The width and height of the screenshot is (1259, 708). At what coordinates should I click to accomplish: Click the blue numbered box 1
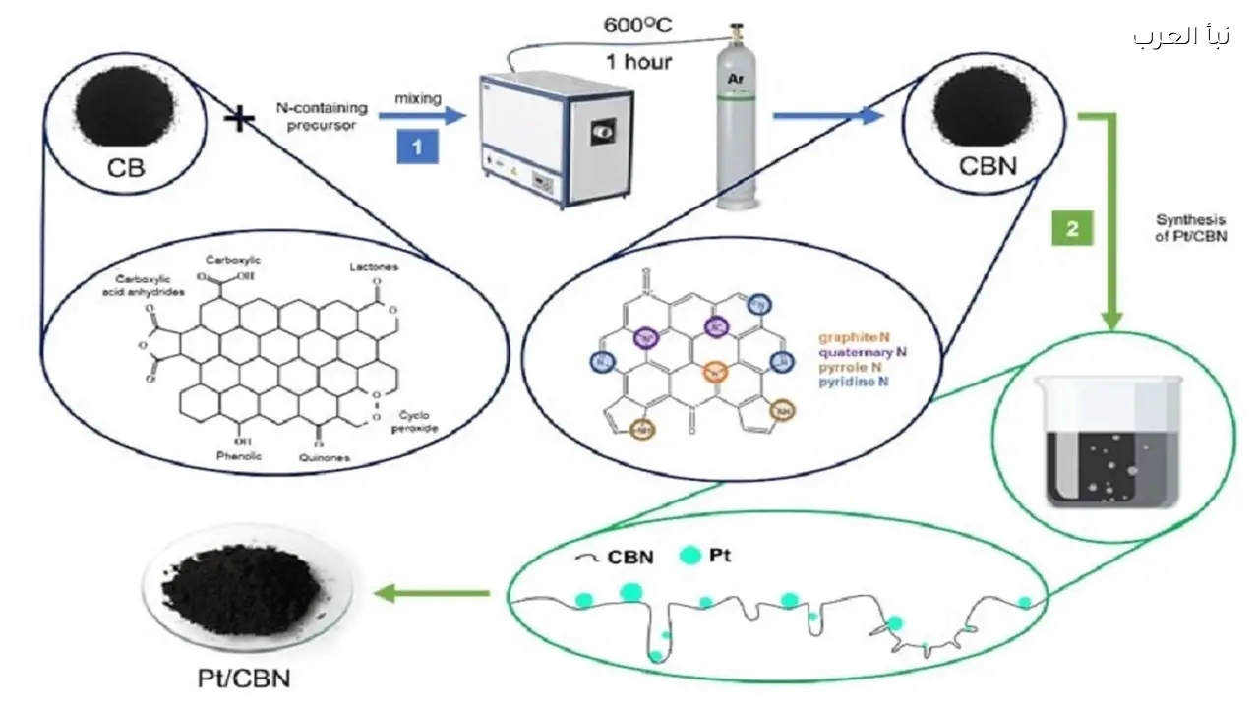pos(417,147)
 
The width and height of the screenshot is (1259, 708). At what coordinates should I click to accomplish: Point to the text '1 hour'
pos(638,61)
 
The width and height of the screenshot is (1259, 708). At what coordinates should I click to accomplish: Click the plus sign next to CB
pos(239,120)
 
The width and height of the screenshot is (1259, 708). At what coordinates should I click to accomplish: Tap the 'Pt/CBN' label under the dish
pos(241,678)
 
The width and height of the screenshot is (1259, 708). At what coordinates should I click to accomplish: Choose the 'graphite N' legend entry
pos(857,335)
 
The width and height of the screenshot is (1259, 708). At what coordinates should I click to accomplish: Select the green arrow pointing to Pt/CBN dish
pos(434,593)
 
